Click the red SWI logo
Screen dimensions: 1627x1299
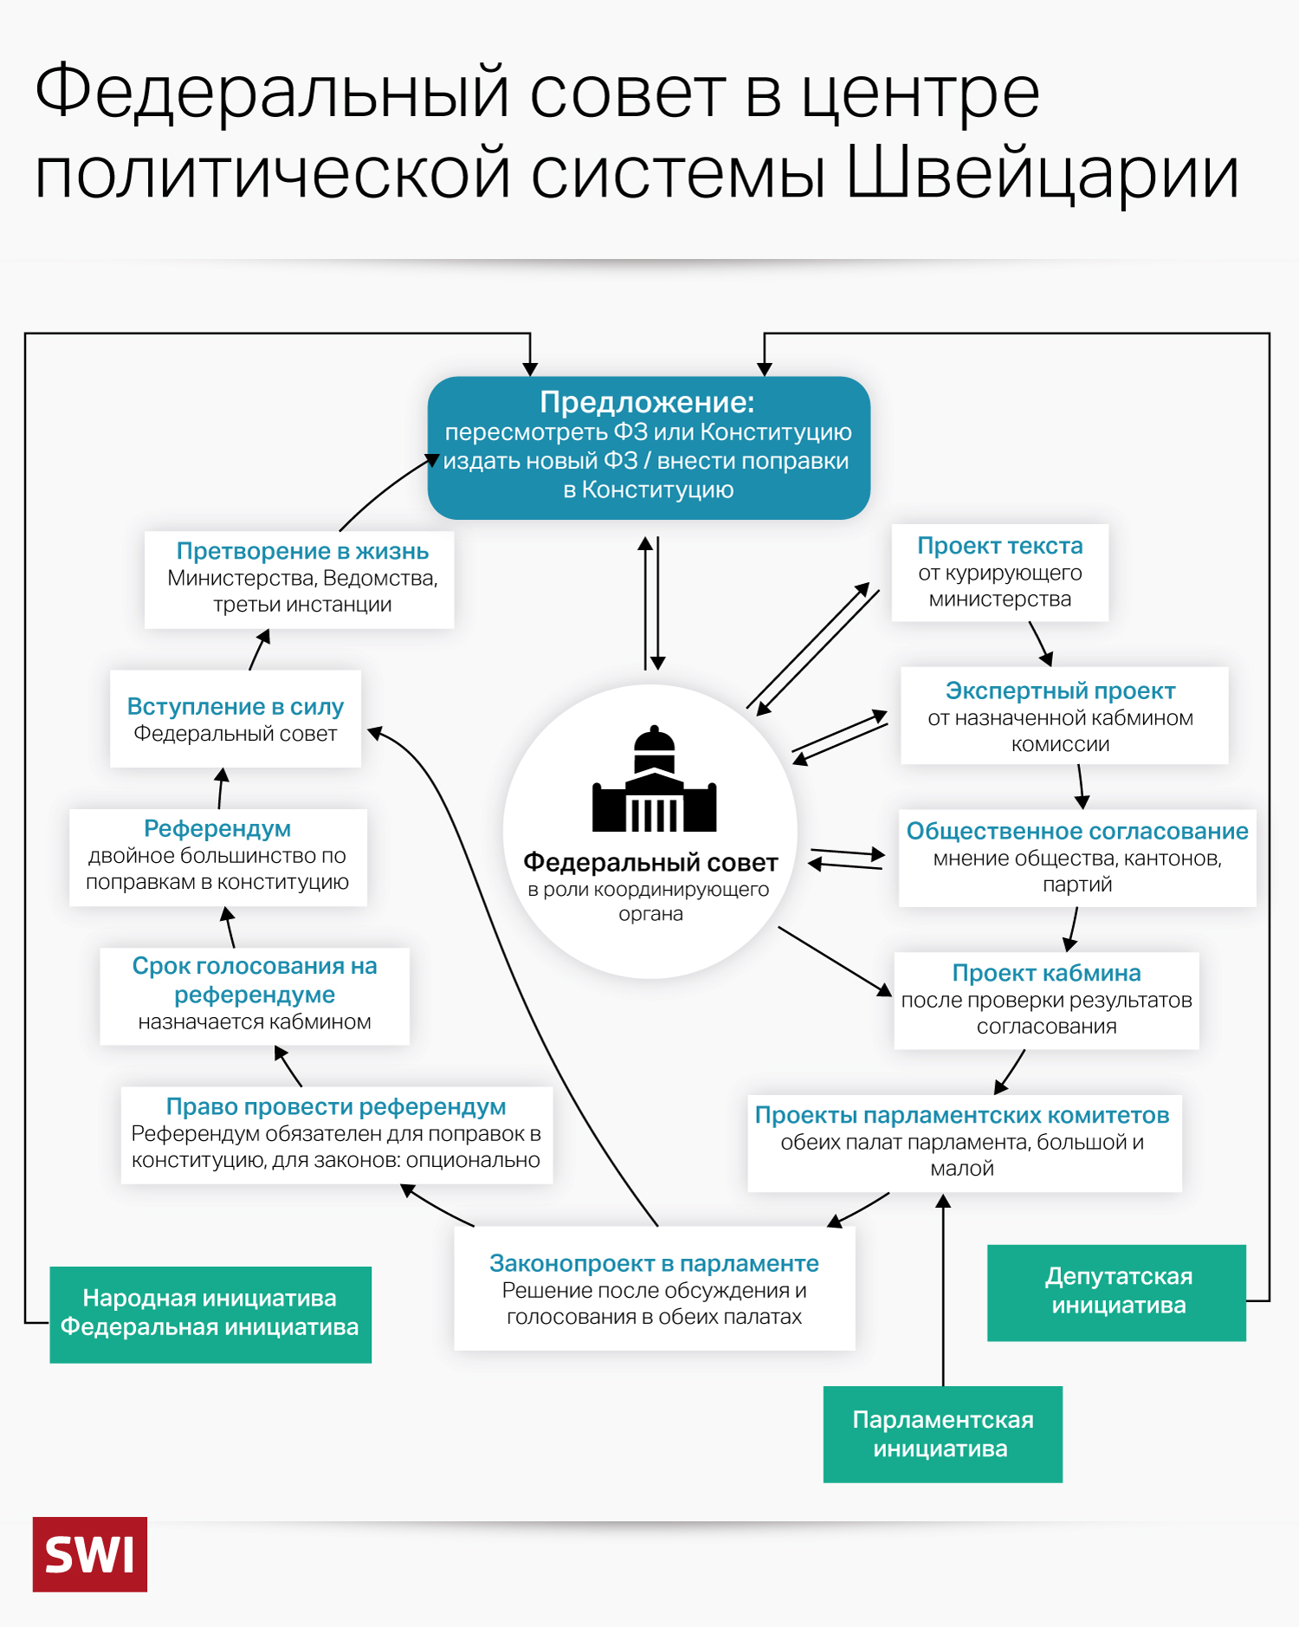click(89, 1554)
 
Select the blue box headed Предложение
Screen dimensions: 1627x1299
click(649, 447)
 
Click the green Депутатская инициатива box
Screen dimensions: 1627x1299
click(1116, 1293)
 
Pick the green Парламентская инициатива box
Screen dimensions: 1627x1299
click(942, 1434)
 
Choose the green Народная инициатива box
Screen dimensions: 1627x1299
click(210, 1313)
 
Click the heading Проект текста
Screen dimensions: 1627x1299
click(999, 546)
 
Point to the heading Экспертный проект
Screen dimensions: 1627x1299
click(1060, 690)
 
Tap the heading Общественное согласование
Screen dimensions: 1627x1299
click(1076, 831)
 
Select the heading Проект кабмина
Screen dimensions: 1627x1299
click(1046, 973)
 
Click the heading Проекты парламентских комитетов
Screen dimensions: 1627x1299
click(961, 1115)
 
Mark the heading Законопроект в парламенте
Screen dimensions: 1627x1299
click(654, 1263)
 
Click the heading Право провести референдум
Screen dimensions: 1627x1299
click(336, 1106)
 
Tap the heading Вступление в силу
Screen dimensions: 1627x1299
click(235, 706)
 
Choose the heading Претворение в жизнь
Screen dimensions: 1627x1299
click(302, 551)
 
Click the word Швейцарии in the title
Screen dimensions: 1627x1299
click(1042, 173)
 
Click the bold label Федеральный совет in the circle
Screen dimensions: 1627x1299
click(650, 862)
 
